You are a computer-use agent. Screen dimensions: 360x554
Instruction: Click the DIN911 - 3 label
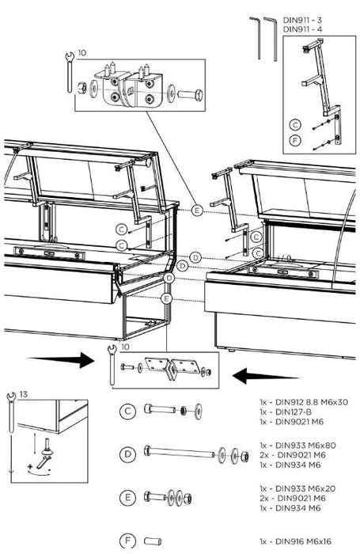[x=302, y=20]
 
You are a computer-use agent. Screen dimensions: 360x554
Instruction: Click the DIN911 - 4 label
[x=302, y=29]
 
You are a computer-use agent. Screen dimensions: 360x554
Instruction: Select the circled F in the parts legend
[x=127, y=541]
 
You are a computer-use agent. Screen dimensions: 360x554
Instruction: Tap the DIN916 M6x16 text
[x=303, y=541]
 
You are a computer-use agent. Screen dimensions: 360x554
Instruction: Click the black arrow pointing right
[x=61, y=360]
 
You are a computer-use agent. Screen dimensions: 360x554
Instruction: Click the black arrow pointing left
[x=266, y=376]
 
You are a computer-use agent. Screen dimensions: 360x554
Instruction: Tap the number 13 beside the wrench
[x=23, y=394]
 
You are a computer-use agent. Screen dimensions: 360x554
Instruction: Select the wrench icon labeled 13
[x=11, y=412]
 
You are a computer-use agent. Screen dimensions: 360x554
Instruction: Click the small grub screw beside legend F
[x=153, y=541]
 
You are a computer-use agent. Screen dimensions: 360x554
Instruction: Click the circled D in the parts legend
[x=127, y=454]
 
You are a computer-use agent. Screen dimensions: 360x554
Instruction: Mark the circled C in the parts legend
[x=127, y=412]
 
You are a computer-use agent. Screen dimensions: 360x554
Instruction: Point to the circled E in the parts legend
[x=127, y=498]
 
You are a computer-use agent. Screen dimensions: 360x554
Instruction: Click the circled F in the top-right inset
[x=295, y=140]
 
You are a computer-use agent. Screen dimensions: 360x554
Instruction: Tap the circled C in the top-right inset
[x=295, y=125]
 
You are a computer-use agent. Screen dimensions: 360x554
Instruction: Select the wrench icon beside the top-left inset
[x=70, y=72]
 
